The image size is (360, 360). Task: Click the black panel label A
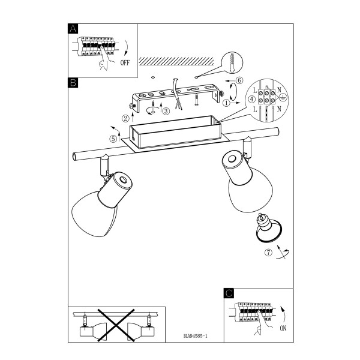pyautogui.click(x=73, y=29)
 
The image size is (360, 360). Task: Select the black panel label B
pyautogui.click(x=73, y=83)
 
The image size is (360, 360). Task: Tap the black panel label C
pyautogui.click(x=229, y=293)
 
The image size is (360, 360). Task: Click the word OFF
pyautogui.click(x=125, y=62)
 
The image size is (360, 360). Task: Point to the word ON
pyautogui.click(x=283, y=328)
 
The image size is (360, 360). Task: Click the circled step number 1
pyautogui.click(x=227, y=103)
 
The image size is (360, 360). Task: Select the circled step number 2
pyautogui.click(x=125, y=118)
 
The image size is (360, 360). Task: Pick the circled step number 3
pyautogui.click(x=166, y=111)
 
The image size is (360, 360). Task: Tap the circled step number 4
pyautogui.click(x=252, y=99)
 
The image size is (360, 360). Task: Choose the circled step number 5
pyautogui.click(x=113, y=139)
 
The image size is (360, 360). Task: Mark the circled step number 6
pyautogui.click(x=239, y=80)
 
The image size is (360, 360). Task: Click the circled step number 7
pyautogui.click(x=268, y=253)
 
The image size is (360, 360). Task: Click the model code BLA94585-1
pyautogui.click(x=196, y=336)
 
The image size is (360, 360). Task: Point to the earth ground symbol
pyautogui.click(x=283, y=98)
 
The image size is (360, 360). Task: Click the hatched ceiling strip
pyautogui.click(x=176, y=61)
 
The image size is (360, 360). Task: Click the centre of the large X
pyautogui.click(x=116, y=325)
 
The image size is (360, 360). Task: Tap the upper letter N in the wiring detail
pyautogui.click(x=279, y=90)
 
